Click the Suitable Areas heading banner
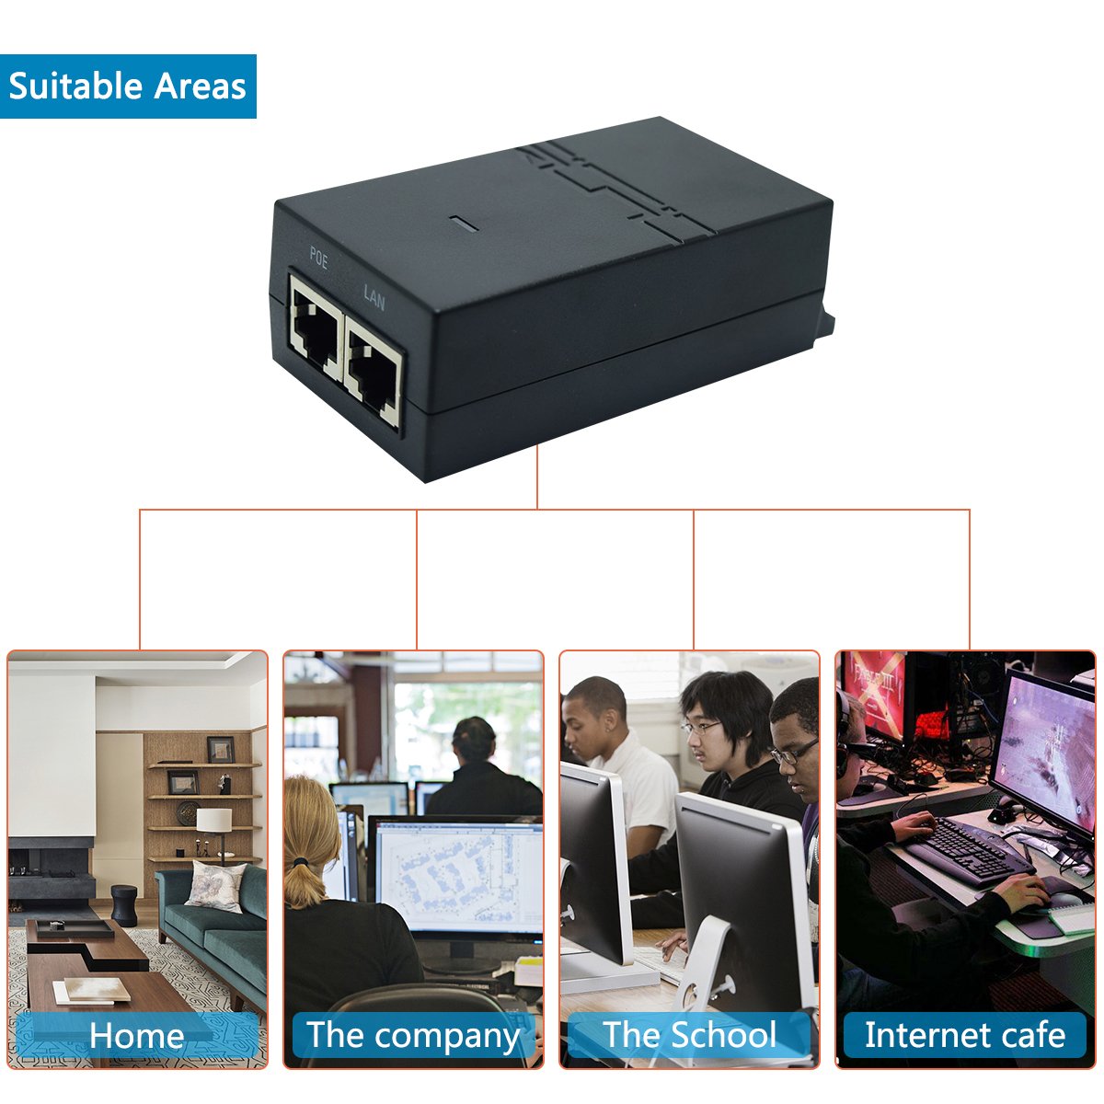pyautogui.click(x=128, y=86)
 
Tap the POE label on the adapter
pyautogui.click(x=318, y=259)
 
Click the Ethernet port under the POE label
pyautogui.click(x=316, y=326)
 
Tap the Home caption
pyautogui.click(x=136, y=1036)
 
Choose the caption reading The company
pyautogui.click(x=413, y=1036)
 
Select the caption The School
pyautogui.click(x=690, y=1036)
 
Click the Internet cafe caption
pyautogui.click(x=965, y=1036)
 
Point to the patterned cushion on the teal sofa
pyautogui.click(x=215, y=886)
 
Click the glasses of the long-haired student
pyautogui.click(x=702, y=727)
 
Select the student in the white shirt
pyautogui.click(x=616, y=754)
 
